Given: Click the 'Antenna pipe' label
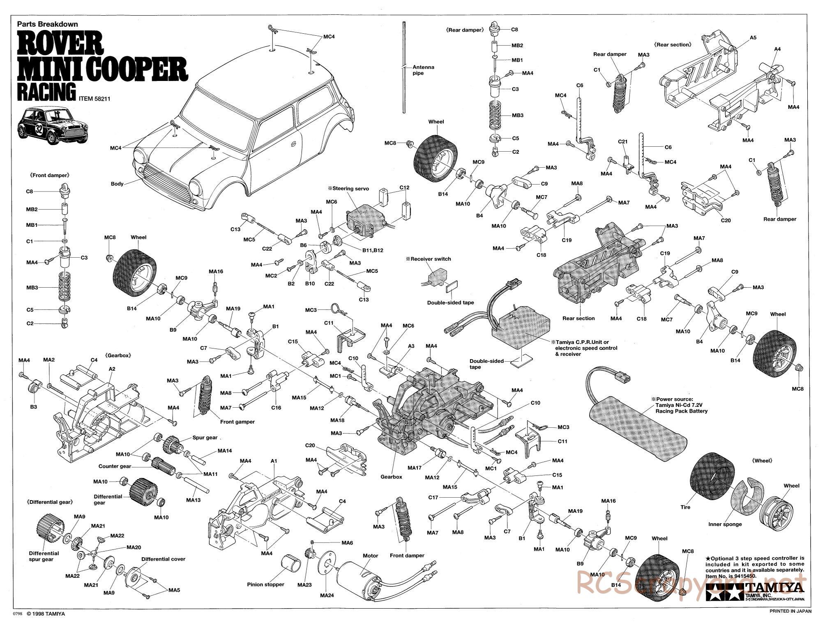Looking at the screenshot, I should pos(423,70).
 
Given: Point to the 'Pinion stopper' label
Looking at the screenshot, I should pos(265,584).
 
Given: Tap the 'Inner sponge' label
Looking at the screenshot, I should pos(725,524).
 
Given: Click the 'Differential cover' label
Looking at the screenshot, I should pos(163,559).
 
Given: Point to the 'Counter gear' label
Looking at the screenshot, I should pos(115,466).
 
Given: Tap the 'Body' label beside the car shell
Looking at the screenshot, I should pos(117,184).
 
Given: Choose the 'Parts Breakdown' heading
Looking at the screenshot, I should pos(41,24).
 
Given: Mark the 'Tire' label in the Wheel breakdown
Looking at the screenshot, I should pos(686,507).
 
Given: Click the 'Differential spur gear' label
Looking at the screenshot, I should pos(44,556).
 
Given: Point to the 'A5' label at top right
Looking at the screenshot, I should pos(753,37).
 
